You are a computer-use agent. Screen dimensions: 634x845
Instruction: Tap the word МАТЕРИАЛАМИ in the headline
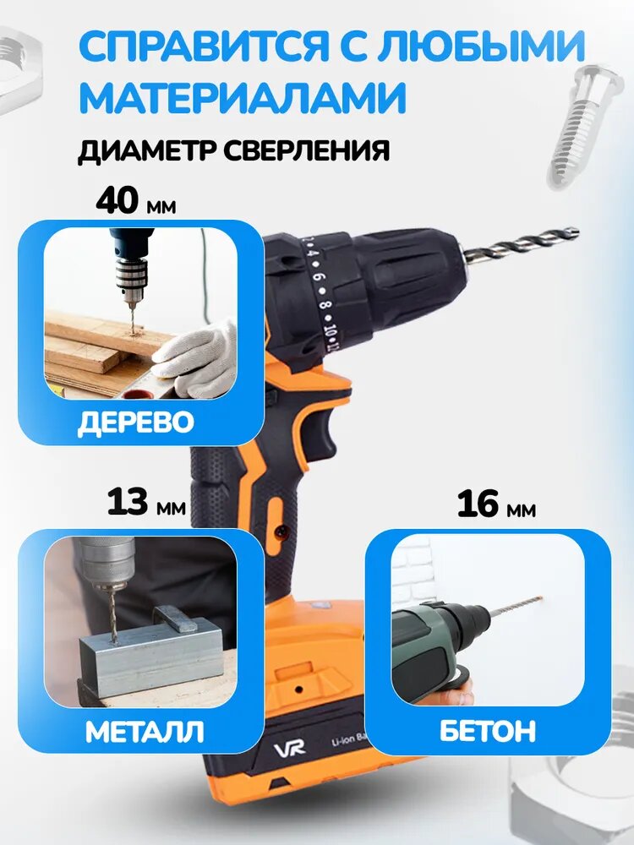pos(243,96)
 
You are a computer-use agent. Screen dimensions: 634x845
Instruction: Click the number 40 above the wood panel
pos(118,200)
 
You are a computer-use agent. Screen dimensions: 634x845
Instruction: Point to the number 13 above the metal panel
pos(128,502)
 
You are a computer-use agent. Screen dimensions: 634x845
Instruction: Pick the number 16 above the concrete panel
pos(478,504)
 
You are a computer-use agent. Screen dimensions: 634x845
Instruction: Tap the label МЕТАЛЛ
pos(145,731)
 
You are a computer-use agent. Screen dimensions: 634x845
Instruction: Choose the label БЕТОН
pos(488,731)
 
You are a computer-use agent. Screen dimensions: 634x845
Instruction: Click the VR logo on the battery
pos(289,748)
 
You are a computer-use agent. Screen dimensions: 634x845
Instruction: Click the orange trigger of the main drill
pos(325,426)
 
